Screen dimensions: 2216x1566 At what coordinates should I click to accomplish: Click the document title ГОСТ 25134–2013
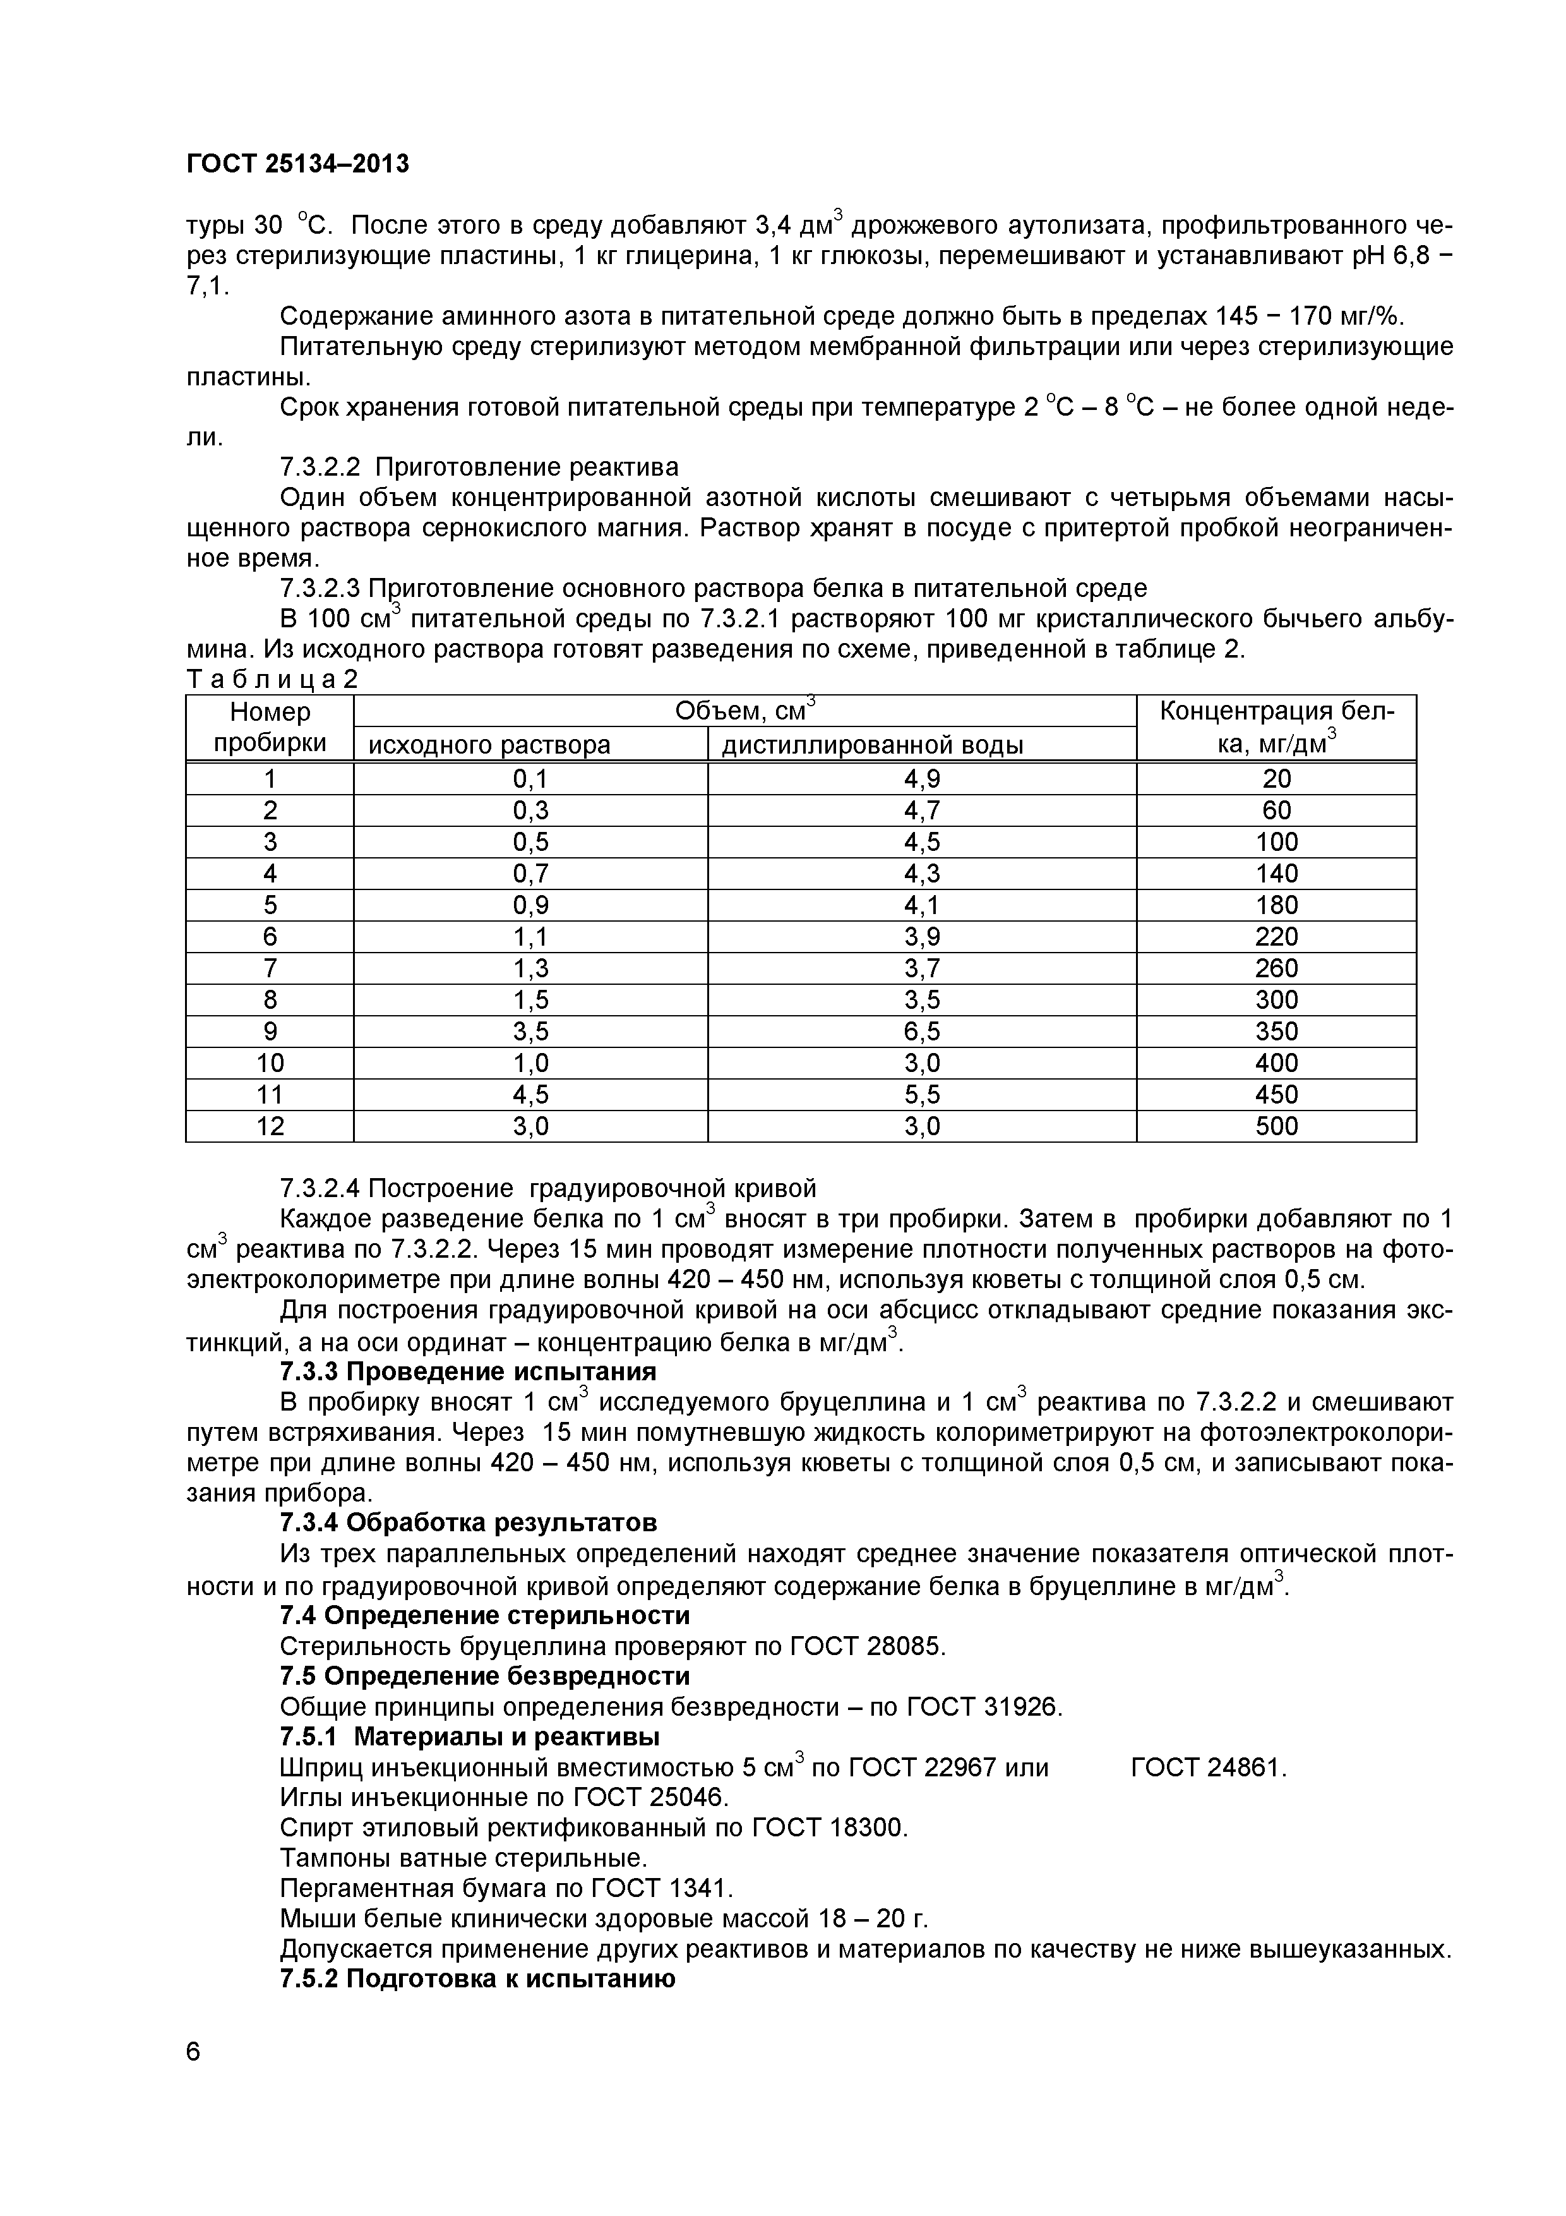[x=297, y=165]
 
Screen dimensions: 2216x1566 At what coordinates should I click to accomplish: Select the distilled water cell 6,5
[x=921, y=1032]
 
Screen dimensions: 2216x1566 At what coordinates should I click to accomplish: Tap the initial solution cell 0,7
[x=530, y=874]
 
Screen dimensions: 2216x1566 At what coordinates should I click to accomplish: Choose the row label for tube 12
[x=270, y=1126]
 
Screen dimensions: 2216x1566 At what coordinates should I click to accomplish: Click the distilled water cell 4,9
[x=921, y=779]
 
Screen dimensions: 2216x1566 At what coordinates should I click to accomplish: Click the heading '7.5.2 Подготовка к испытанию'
[x=477, y=1978]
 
